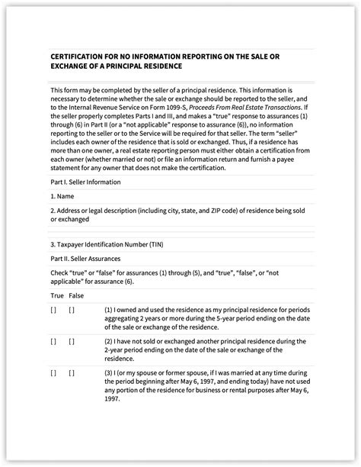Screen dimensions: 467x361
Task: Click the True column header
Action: click(x=57, y=295)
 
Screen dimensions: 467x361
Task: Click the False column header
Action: click(x=77, y=295)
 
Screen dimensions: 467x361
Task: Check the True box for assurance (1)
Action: click(x=53, y=310)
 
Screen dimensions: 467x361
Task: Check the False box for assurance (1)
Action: click(x=72, y=310)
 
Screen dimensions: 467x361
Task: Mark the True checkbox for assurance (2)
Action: click(x=53, y=341)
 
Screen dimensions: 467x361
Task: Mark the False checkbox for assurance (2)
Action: click(x=72, y=341)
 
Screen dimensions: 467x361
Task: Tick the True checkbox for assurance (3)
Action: click(x=53, y=372)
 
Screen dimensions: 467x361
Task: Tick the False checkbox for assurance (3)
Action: click(x=72, y=372)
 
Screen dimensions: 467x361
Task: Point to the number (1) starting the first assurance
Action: click(x=109, y=310)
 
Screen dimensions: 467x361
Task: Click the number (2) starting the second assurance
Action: click(x=109, y=341)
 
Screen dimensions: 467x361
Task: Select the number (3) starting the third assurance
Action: click(x=109, y=372)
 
